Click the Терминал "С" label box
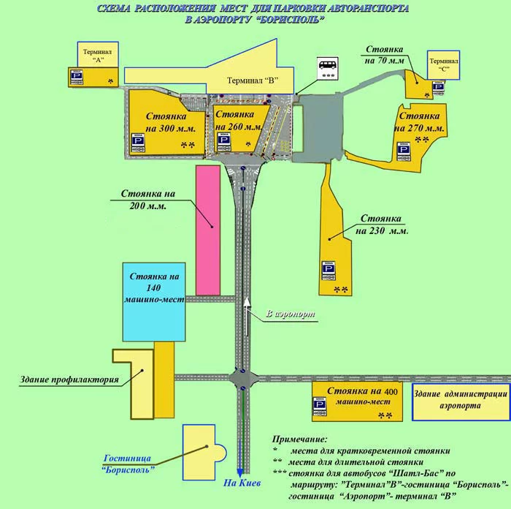pos(443,62)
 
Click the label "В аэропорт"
pos(291,314)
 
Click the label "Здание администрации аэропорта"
pos(458,399)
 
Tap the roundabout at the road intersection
pos(242,379)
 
